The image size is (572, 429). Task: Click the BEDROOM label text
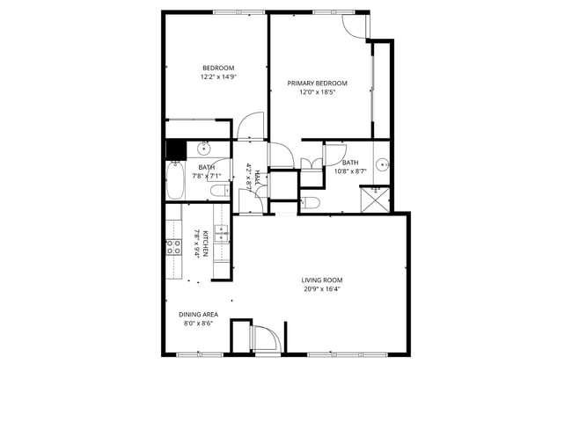[218, 69]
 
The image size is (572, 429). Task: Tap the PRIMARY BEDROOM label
[317, 84]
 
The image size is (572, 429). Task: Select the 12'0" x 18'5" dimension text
[317, 92]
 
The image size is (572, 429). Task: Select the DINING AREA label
[198, 314]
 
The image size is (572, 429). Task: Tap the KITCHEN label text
[205, 243]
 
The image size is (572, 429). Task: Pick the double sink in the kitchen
[221, 233]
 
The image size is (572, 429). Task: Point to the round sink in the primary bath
[382, 164]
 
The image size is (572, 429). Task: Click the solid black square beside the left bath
[175, 149]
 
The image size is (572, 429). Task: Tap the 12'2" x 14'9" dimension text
[218, 77]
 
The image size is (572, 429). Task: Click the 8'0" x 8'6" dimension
[198, 323]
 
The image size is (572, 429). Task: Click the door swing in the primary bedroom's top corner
[356, 25]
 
